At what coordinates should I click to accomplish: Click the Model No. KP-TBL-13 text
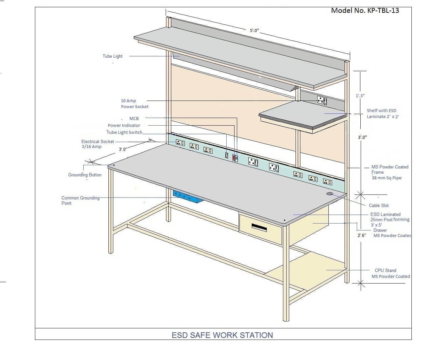(365, 11)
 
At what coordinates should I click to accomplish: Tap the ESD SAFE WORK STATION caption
(222, 335)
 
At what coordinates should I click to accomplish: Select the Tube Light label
(112, 56)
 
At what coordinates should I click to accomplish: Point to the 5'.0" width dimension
(254, 31)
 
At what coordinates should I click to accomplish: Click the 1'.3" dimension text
(360, 96)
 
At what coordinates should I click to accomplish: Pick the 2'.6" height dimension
(362, 235)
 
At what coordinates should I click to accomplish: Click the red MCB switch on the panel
(234, 158)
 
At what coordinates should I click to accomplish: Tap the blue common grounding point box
(187, 197)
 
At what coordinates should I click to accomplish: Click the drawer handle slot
(259, 227)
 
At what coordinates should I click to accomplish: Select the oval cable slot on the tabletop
(330, 194)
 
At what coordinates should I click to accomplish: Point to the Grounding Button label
(85, 175)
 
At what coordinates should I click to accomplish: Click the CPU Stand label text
(385, 270)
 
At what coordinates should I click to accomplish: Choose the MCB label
(134, 118)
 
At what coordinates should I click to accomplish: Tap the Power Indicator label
(124, 125)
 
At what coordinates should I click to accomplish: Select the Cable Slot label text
(378, 205)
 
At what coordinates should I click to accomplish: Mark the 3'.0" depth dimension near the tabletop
(123, 149)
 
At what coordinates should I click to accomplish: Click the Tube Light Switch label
(124, 132)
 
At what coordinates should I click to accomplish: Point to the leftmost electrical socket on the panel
(180, 143)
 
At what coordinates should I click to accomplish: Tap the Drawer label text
(380, 230)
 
